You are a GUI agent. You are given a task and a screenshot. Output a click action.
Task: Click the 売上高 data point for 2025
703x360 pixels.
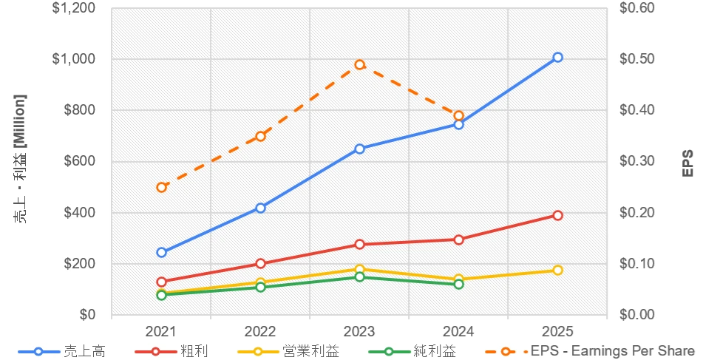point(558,57)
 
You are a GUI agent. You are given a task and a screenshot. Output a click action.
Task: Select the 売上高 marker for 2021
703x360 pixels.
point(161,252)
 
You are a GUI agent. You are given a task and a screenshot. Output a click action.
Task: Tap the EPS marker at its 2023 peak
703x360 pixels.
point(359,64)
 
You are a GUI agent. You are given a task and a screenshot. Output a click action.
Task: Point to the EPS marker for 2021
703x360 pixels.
point(161,187)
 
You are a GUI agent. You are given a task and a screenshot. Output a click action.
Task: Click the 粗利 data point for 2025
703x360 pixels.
point(558,215)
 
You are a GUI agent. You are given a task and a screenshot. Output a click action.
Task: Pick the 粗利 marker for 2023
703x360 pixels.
point(359,244)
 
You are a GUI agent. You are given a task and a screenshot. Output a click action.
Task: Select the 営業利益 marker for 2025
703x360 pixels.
point(558,270)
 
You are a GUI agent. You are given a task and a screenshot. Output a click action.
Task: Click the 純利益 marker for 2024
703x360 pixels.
point(458,284)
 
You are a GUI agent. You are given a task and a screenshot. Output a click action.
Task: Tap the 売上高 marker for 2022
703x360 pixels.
point(260,208)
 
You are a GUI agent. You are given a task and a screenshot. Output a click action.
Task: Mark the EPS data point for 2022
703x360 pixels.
point(260,136)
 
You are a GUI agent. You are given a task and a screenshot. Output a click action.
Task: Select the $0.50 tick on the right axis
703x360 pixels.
point(631,59)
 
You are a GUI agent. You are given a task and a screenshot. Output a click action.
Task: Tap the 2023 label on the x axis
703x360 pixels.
point(359,331)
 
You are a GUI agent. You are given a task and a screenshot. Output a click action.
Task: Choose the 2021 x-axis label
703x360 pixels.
point(161,331)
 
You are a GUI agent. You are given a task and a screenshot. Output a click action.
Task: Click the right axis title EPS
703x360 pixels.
point(687,161)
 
